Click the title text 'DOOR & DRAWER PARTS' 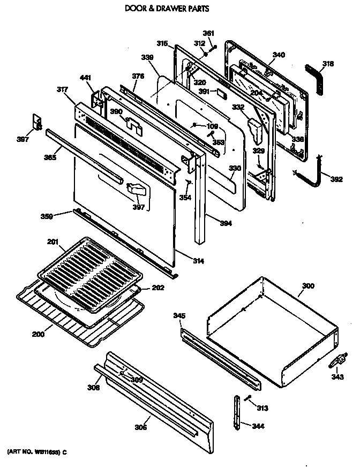tap(160, 9)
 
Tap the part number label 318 tap(327, 64)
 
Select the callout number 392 tap(336, 179)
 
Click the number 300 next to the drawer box tap(308, 286)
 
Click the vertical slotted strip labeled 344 tap(237, 411)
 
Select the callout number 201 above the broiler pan tap(52, 243)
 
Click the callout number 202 tap(157, 288)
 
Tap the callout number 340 tap(279, 54)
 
